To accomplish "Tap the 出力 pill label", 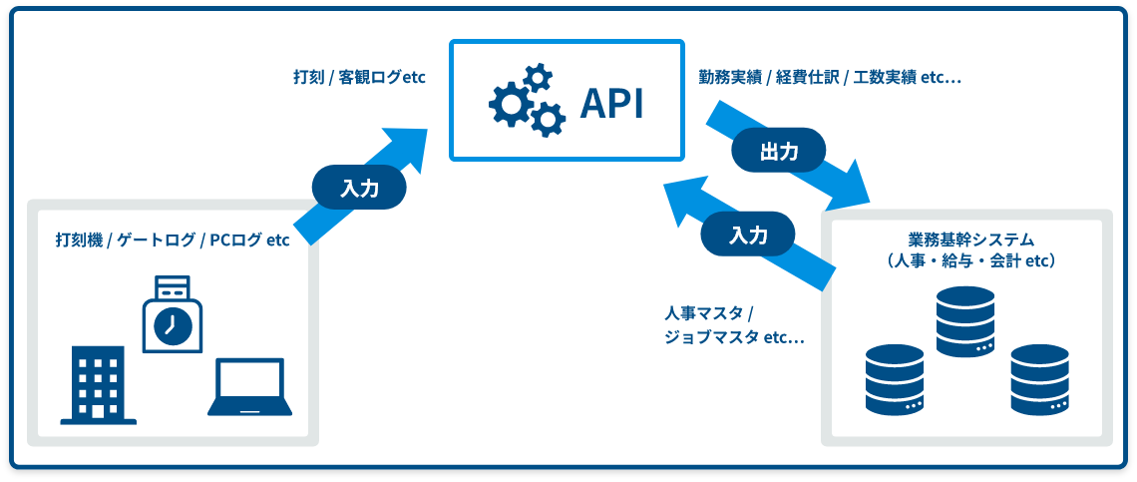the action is click(x=779, y=151).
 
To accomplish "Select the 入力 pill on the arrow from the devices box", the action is click(x=359, y=189).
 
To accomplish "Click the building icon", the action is click(x=98, y=385).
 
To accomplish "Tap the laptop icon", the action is click(x=250, y=387).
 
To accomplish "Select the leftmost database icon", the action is click(x=896, y=379).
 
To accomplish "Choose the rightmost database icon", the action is click(x=1040, y=379).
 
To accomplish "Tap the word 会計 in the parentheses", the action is click(x=1008, y=261).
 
